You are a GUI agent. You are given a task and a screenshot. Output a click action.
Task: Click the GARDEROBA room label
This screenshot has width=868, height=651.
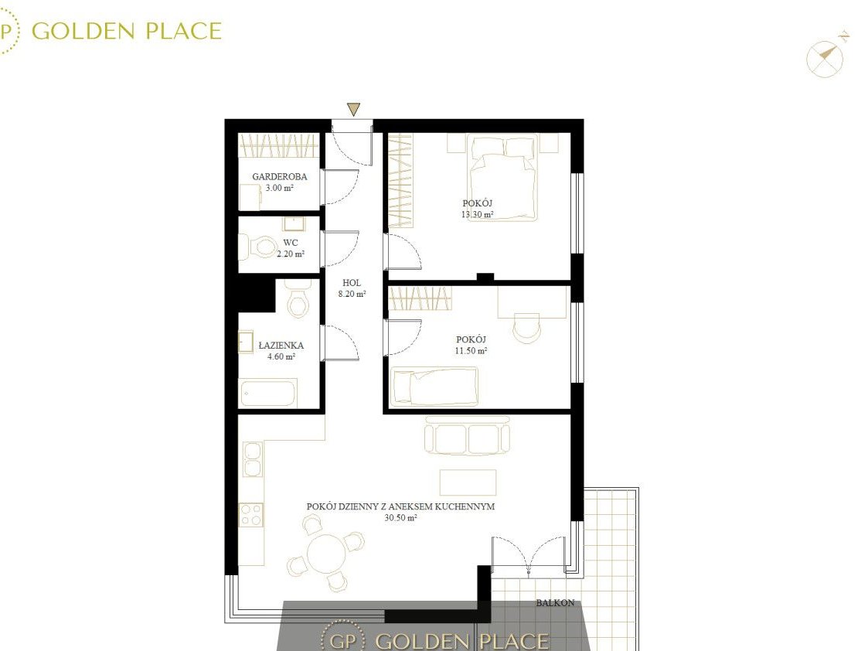click(x=280, y=176)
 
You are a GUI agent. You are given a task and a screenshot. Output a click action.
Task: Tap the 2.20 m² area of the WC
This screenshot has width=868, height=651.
click(x=291, y=254)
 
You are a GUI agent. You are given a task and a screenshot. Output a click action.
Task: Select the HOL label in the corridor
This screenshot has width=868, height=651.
click(x=352, y=283)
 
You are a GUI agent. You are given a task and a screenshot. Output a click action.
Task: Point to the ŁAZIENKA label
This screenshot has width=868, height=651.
click(x=281, y=345)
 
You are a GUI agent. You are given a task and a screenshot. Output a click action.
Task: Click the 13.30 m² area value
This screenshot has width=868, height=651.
click(x=477, y=214)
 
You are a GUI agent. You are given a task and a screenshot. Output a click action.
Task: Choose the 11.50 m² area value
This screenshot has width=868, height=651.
click(x=471, y=350)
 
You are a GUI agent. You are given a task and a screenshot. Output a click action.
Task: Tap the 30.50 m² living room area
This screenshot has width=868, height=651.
click(x=401, y=517)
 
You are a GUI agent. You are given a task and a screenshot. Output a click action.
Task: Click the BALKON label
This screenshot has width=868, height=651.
click(x=555, y=603)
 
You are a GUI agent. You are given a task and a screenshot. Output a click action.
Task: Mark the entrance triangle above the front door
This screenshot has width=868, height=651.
click(x=353, y=109)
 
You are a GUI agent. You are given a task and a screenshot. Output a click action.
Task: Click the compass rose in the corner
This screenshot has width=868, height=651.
click(x=825, y=57)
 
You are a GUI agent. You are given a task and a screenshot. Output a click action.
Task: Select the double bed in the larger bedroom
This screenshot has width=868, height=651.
click(x=502, y=178)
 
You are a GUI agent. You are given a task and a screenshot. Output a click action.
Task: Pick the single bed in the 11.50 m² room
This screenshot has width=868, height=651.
click(x=435, y=386)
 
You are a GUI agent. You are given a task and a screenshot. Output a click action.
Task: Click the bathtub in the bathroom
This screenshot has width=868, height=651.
click(x=268, y=393)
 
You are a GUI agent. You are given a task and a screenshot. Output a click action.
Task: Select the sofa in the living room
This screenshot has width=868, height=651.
click(x=467, y=435)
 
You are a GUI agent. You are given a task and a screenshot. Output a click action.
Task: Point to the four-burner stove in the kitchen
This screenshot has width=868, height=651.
click(x=250, y=514)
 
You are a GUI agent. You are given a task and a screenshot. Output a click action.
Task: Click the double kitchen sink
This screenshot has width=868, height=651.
click(x=253, y=459)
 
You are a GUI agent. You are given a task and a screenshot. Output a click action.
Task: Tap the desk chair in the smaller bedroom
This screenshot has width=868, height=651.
click(x=526, y=329)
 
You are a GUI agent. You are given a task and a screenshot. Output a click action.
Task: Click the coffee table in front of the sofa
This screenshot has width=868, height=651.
click(x=468, y=482)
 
